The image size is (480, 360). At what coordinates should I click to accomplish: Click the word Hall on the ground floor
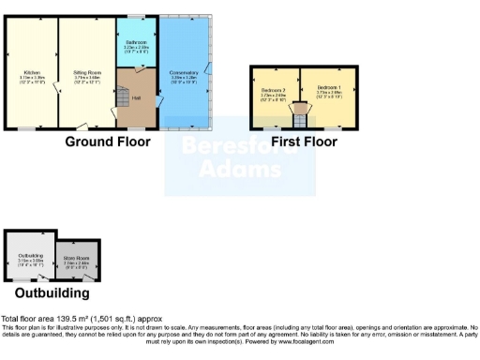pyautogui.click(x=136, y=98)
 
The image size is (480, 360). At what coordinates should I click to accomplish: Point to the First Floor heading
pyautogui.click(x=303, y=142)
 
